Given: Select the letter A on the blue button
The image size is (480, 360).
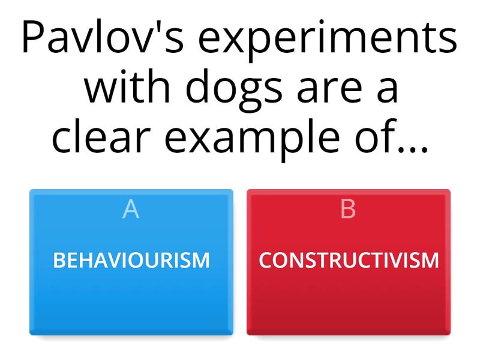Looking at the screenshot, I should coord(131,209).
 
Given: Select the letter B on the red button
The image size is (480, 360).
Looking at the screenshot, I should coord(348,209).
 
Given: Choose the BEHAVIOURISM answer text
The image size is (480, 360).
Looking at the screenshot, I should coord(131,260).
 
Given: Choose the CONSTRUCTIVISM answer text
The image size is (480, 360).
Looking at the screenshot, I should coord(349,260).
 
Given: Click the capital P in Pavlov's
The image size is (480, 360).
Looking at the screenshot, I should coord(33,40).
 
